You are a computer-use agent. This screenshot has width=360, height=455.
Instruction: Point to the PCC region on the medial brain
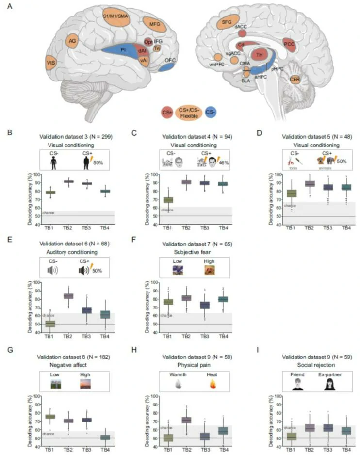click(x=290, y=45)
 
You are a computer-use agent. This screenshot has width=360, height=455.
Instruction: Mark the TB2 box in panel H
click(x=186, y=420)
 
